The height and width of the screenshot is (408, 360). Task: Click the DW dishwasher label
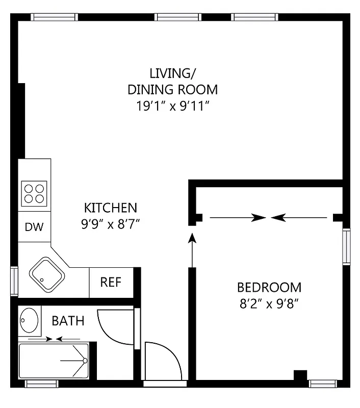pyautogui.click(x=34, y=226)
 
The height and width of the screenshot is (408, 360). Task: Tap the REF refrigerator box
pyautogui.click(x=111, y=282)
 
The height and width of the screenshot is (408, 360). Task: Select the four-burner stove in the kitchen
pyautogui.click(x=34, y=193)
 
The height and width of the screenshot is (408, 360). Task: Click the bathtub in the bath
pyautogui.click(x=54, y=361)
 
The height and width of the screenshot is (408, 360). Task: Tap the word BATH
pyautogui.click(x=68, y=321)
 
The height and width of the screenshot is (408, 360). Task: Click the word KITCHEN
pyautogui.click(x=111, y=208)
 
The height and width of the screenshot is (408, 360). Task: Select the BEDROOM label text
pyautogui.click(x=269, y=287)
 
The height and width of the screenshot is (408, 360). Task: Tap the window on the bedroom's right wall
pyautogui.click(x=346, y=247)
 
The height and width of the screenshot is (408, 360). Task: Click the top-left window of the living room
pyautogui.click(x=55, y=17)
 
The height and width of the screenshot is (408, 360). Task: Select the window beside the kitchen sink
pyautogui.click(x=14, y=281)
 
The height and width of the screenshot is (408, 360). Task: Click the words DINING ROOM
pyautogui.click(x=172, y=90)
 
